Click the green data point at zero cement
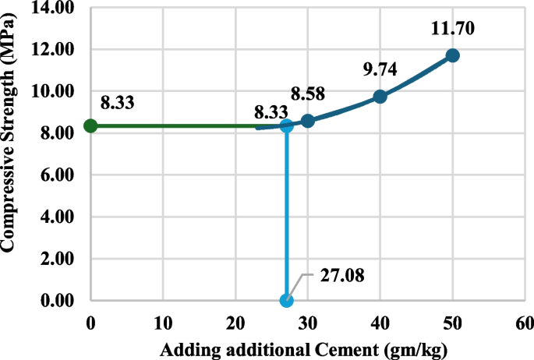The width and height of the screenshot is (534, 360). click(x=90, y=125)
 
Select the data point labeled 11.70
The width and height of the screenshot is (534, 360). click(x=452, y=55)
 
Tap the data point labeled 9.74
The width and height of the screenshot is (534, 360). click(x=380, y=97)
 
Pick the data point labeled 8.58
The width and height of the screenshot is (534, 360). click(x=308, y=121)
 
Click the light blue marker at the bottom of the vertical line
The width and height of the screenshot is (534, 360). click(x=287, y=300)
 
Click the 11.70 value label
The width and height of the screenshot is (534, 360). click(x=452, y=30)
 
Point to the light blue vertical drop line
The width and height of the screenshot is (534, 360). click(x=287, y=218)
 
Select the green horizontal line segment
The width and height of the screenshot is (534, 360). click(x=172, y=125)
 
